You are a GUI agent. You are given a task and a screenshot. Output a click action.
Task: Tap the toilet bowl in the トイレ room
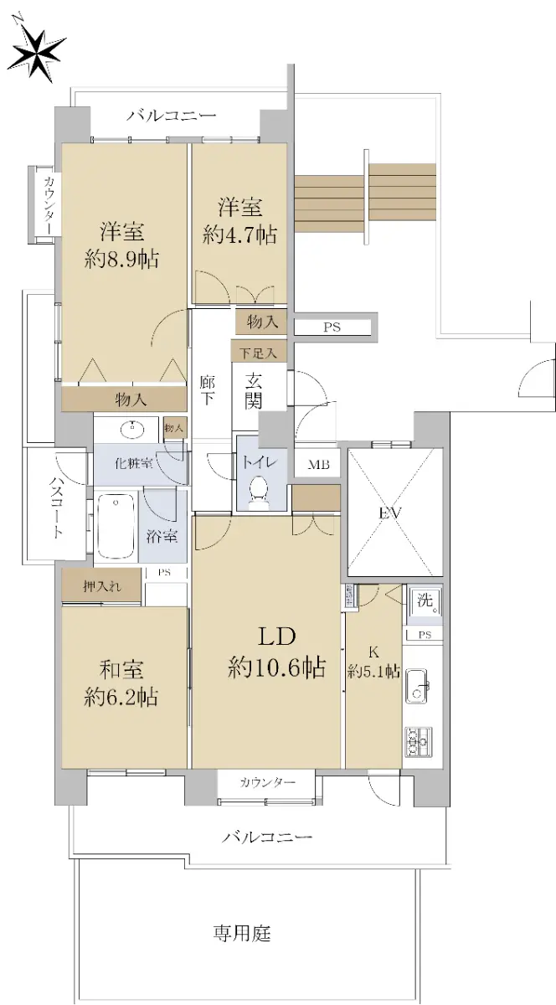pos(259,492)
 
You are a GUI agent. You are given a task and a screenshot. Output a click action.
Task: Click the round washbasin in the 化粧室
pos(134,430)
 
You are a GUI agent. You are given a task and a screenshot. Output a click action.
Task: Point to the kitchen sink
pos(418,686)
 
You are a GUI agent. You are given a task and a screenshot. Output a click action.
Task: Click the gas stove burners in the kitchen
pos(418,742)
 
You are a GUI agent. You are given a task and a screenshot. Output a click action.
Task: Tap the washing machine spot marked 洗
pos(424,601)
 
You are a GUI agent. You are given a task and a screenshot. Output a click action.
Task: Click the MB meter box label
pos(318,464)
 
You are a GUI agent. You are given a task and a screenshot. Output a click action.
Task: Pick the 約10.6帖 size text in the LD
pos(276,668)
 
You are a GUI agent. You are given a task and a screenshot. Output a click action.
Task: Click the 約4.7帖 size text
pos(239,234)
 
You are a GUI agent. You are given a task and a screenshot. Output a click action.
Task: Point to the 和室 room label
pos(121,670)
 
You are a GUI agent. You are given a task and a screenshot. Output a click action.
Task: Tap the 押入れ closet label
pos(102,586)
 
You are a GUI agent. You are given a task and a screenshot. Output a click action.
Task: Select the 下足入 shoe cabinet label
pos(258,353)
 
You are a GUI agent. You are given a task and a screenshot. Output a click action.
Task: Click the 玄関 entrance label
pos(253,392)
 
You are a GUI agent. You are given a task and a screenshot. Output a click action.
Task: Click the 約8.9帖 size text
pos(121,260)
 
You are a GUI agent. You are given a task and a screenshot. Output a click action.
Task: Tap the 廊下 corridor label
pos(207,390)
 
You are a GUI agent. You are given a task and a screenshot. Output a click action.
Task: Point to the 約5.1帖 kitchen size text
pos(373,672)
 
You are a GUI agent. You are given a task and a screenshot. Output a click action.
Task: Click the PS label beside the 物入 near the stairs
pos(332,327)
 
